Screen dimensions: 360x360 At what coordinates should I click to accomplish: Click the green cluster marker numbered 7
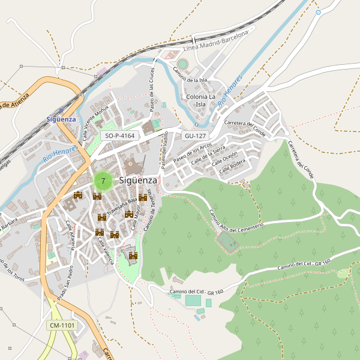[x=103, y=180]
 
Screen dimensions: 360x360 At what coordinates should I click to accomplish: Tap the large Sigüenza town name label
[x=138, y=180]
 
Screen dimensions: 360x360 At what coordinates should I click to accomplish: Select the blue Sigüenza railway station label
[x=61, y=119]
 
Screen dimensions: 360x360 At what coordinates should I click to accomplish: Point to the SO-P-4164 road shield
[x=119, y=136]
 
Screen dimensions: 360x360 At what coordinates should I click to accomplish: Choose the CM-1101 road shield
[x=62, y=325]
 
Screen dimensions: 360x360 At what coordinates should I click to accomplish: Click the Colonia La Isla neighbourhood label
[x=201, y=100]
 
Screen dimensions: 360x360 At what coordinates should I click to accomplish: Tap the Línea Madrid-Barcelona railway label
[x=215, y=42]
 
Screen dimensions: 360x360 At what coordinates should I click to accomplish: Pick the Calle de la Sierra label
[x=208, y=155]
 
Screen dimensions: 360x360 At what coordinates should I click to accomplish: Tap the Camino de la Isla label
[x=190, y=76]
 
